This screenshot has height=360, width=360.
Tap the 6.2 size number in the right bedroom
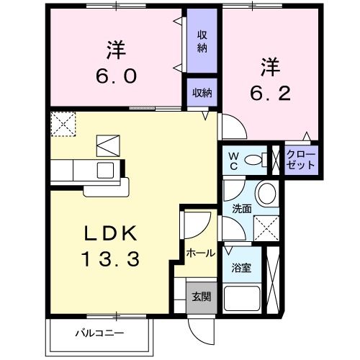(x=270, y=94)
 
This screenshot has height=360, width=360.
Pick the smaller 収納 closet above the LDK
(x=202, y=92)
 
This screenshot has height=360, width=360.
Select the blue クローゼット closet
(x=300, y=160)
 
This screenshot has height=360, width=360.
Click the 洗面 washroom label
(x=240, y=209)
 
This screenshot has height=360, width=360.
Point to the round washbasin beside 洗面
(x=266, y=194)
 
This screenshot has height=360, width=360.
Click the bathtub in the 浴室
(x=243, y=297)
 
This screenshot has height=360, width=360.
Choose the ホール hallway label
(x=200, y=253)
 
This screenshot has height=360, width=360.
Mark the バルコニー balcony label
(x=100, y=333)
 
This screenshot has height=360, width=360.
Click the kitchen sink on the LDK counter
(x=105, y=171)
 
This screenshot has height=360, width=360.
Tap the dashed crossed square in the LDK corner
(x=63, y=123)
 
